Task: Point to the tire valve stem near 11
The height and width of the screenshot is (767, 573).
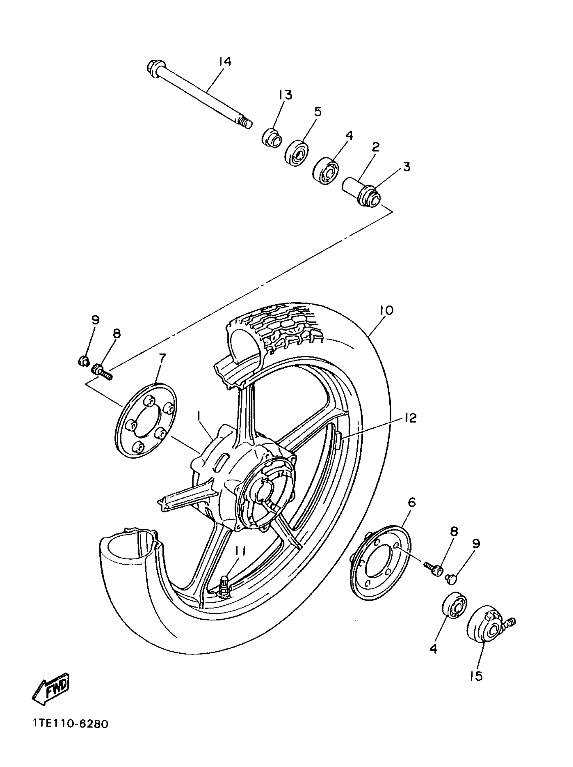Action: [x=223, y=586]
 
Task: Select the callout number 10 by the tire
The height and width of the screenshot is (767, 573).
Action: [x=386, y=310]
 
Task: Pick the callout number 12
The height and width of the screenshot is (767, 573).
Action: [x=410, y=418]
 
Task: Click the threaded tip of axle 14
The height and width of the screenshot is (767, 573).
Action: [x=245, y=122]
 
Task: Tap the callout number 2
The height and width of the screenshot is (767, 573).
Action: [x=375, y=147]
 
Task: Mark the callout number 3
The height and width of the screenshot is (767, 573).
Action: [x=406, y=166]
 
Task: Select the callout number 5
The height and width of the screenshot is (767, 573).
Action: [x=317, y=112]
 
